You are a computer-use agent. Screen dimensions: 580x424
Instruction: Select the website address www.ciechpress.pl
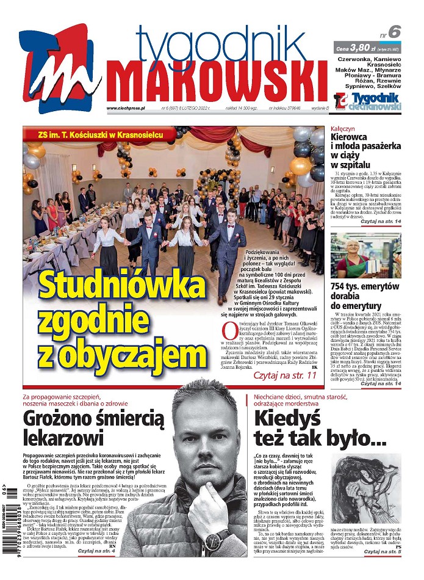click(125, 108)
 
